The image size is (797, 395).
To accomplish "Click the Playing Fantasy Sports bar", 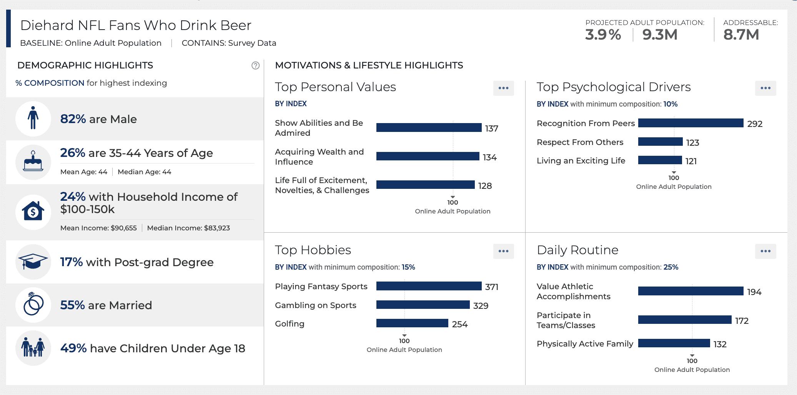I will pos(429,286).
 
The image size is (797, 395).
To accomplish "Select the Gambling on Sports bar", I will pos(423,305).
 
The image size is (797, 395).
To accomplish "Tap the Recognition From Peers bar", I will pos(691,123).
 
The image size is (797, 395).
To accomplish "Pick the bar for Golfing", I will pos(412,323).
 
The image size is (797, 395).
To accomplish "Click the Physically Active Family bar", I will pos(674,343).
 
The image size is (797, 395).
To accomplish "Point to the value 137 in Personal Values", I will pos(491,128).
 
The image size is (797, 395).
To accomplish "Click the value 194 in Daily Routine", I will pos(754,292).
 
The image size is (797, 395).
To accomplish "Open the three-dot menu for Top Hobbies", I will pos(503,251).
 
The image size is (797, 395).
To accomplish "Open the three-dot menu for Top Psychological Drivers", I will pos(765,88).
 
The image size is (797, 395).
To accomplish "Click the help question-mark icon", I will pos(255,65).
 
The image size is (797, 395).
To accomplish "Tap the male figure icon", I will pos(33,118).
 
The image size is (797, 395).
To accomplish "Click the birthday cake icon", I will pos(33,162).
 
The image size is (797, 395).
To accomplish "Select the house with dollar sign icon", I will pos(33,212).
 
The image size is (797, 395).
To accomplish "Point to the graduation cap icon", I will pos(33,262).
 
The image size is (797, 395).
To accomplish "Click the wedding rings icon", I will pos(33,305).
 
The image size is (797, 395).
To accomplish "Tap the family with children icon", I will pos(33,348).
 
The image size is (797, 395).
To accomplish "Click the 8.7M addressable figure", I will pos(741,35).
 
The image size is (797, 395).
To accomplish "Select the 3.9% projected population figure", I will pos(603,35).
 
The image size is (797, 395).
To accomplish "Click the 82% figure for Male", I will pos(73,119).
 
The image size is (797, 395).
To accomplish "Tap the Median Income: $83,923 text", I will pos(188,228).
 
